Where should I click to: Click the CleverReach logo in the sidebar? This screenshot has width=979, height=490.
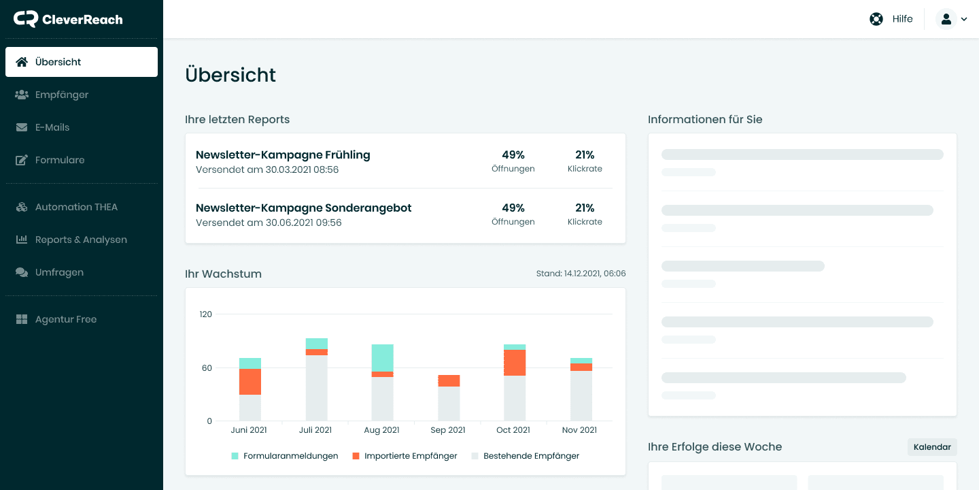(68, 19)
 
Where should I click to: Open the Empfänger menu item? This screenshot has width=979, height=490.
(61, 95)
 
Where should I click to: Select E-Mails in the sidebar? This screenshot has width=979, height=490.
(52, 127)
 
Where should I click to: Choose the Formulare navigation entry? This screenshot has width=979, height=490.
(60, 160)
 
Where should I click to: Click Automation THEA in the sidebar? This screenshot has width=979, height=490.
(76, 207)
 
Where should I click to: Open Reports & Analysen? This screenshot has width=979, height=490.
(81, 240)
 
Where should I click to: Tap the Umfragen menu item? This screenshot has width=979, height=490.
(59, 272)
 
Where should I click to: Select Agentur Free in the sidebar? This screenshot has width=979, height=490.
(65, 319)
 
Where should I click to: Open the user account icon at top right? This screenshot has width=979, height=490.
(946, 19)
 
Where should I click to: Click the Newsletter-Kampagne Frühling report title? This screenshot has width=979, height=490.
(283, 154)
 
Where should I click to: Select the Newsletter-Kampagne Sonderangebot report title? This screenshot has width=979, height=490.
(303, 208)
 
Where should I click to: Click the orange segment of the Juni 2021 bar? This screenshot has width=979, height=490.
(250, 382)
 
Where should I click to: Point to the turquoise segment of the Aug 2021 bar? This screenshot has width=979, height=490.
(382, 357)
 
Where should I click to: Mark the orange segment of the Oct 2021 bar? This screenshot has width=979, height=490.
(515, 362)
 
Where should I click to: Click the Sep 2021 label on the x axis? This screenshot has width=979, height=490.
(448, 430)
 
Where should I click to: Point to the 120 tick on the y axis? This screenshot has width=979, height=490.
(205, 314)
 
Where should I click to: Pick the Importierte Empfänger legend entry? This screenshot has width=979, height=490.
(405, 456)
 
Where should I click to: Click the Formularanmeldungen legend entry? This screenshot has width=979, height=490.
(285, 456)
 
